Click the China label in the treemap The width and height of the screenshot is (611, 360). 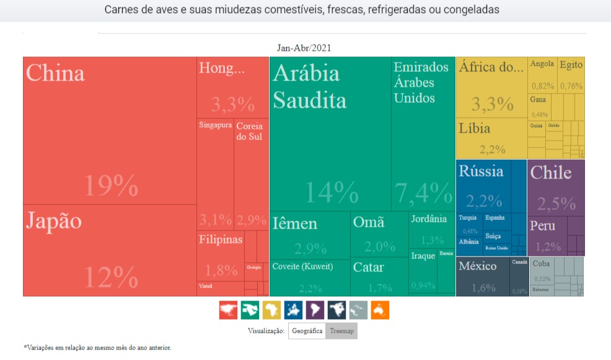click(x=56, y=73)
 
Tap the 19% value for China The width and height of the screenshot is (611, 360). click(x=111, y=185)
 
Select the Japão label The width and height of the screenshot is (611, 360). click(x=54, y=221)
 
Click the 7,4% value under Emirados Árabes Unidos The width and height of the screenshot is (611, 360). click(x=424, y=193)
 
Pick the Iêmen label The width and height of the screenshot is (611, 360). click(x=295, y=224)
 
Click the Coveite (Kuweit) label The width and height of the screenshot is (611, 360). click(x=303, y=266)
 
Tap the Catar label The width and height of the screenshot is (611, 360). click(x=368, y=268)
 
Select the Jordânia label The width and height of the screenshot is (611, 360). click(x=429, y=219)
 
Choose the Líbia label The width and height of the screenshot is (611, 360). click(x=475, y=129)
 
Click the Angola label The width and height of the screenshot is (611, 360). click(x=542, y=64)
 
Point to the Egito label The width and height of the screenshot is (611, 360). click(x=571, y=64)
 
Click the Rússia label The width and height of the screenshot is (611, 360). click(x=481, y=172)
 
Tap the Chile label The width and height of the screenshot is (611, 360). click(x=550, y=173)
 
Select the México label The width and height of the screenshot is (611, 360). click(x=477, y=266)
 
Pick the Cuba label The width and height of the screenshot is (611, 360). click(x=541, y=264)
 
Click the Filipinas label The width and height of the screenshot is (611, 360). click(x=221, y=240)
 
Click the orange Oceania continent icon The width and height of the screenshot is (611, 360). click(x=380, y=310)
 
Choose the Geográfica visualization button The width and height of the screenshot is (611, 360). click(x=307, y=331)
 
